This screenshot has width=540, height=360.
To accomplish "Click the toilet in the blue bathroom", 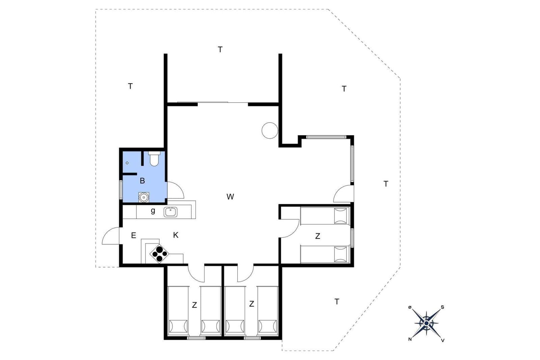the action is pyautogui.click(x=154, y=159).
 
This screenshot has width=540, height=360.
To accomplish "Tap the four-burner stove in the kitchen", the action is pyautogui.click(x=159, y=254).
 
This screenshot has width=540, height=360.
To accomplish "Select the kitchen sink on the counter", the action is pyautogui.click(x=170, y=212).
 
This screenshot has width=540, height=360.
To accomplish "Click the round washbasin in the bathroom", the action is pyautogui.click(x=144, y=197).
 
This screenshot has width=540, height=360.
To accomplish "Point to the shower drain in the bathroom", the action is pyautogui.click(x=127, y=163).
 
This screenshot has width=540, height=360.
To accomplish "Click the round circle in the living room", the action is pyautogui.click(x=270, y=130).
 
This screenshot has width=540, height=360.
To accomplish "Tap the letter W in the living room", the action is pyautogui.click(x=230, y=197).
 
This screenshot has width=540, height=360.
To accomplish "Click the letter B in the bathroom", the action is pyautogui.click(x=142, y=181).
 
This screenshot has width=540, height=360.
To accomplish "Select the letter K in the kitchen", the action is pyautogui.click(x=176, y=235).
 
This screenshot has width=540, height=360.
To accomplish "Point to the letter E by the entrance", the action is pyautogui.click(x=134, y=235).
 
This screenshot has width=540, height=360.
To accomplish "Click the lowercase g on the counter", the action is pyautogui.click(x=153, y=211).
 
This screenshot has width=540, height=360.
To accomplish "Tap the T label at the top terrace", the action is pyautogui.click(x=220, y=49).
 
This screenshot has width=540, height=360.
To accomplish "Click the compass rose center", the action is pyautogui.click(x=427, y=323).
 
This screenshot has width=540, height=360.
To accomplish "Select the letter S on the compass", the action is pyautogui.click(x=442, y=307).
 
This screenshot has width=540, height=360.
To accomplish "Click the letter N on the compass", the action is pyautogui.click(x=410, y=339).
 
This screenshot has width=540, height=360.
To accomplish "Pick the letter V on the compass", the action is pyautogui.click(x=443, y=340).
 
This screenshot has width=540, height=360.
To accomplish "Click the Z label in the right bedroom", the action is pyautogui.click(x=318, y=236).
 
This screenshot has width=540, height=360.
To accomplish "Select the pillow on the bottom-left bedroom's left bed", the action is pyautogui.click(x=179, y=327).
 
